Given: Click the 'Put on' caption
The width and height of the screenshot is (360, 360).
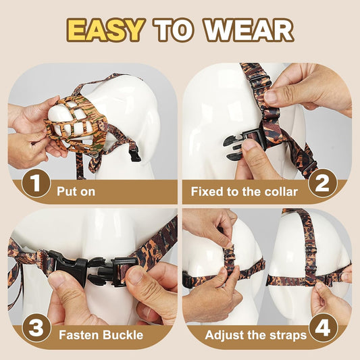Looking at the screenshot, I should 76,191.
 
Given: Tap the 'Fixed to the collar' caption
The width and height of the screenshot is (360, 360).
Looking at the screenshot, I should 244,191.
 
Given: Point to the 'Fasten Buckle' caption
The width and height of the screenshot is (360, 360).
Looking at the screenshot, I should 99,334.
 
